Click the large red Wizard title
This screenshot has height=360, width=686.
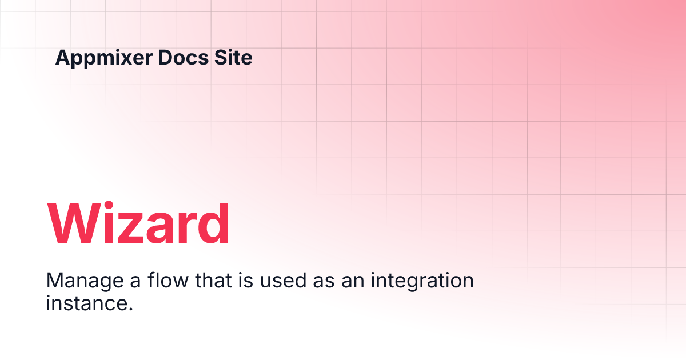138,223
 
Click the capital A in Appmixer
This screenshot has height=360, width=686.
63,58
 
